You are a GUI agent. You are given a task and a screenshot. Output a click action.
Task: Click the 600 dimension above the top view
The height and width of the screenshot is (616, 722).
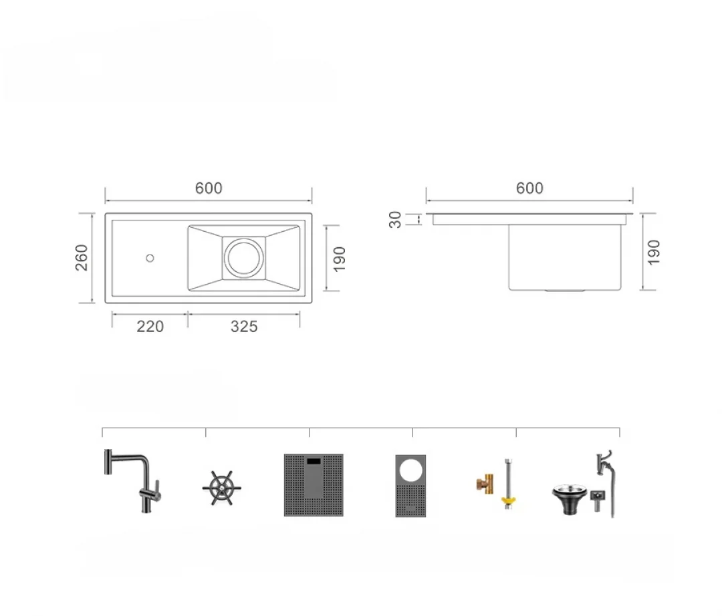(209, 188)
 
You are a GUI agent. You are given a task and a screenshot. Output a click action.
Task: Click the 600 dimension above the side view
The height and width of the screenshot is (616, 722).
(529, 188)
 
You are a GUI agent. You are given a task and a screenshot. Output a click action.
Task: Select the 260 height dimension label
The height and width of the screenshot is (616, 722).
(82, 258)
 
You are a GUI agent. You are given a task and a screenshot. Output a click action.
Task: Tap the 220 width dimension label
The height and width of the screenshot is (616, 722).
(150, 326)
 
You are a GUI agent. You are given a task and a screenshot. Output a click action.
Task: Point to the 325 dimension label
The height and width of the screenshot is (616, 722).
(244, 326)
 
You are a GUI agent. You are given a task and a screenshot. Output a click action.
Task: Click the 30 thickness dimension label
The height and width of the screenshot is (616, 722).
(396, 219)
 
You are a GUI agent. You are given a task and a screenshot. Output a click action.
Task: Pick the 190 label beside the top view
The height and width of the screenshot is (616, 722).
(339, 259)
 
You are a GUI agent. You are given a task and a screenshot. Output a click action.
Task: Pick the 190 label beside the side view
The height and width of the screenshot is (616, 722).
(653, 252)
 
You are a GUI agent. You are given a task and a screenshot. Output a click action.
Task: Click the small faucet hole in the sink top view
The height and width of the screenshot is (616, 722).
(150, 258)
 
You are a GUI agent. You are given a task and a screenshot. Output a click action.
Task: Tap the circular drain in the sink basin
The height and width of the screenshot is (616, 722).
(244, 258)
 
